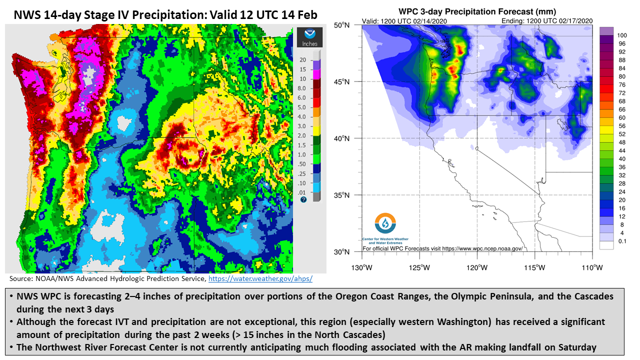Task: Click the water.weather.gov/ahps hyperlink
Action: [x=260, y=278]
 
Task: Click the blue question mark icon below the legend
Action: [x=303, y=199]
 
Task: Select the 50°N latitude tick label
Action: [x=341, y=25]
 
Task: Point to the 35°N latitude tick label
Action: [x=341, y=195]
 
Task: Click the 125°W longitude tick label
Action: [x=419, y=267]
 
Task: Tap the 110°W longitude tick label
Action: [x=592, y=267]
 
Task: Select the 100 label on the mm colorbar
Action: [x=621, y=35]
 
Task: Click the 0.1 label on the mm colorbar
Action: [x=622, y=241]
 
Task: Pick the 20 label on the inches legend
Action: [x=302, y=60]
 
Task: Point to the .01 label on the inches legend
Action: [x=301, y=192]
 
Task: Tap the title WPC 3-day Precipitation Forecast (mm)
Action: [x=477, y=11]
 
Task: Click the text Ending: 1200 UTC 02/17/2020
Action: [x=547, y=21]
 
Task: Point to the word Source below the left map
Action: [x=21, y=278]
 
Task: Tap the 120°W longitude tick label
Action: [x=477, y=267]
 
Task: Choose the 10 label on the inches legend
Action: [x=302, y=79]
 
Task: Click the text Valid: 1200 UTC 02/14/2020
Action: [x=404, y=21]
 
